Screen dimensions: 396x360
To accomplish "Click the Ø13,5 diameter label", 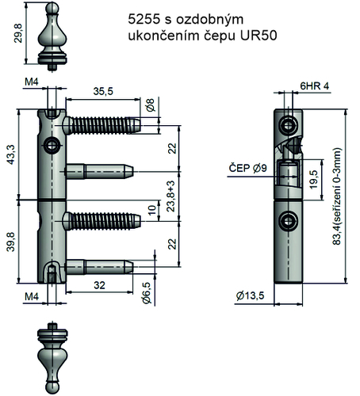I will [250, 296].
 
